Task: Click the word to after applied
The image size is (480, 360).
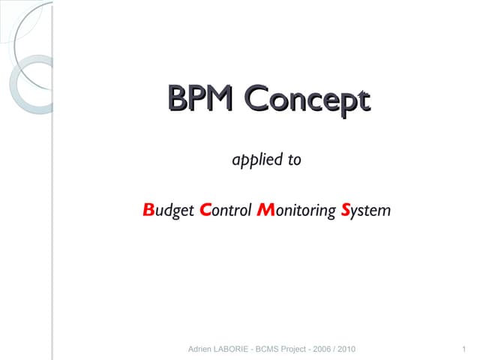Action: (x=295, y=160)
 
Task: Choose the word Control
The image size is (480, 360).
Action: (x=226, y=211)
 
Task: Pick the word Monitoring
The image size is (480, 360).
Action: (x=295, y=211)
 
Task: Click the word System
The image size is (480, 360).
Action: (x=366, y=211)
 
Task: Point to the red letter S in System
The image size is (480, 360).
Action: (x=346, y=210)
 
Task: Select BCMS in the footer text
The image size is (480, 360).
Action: (x=277, y=349)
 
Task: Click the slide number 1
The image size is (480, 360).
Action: (x=465, y=349)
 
